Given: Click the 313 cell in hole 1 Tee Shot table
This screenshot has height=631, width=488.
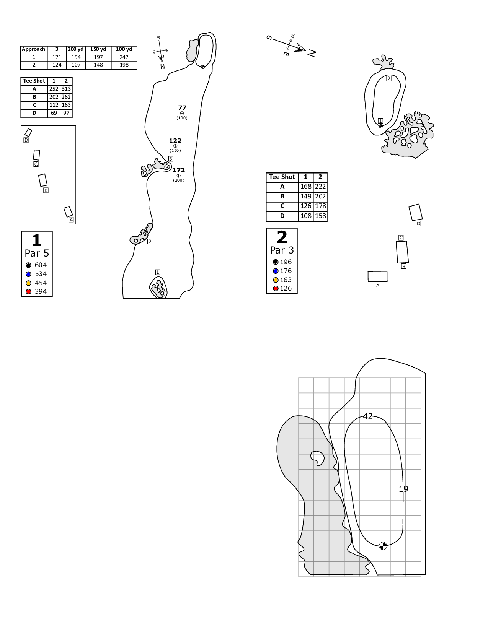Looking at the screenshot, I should (66, 89).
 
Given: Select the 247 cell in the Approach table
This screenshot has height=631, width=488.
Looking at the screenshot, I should (124, 57).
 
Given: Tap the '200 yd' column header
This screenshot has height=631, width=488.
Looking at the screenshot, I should (75, 49).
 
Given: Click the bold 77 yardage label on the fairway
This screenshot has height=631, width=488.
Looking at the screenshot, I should (182, 108).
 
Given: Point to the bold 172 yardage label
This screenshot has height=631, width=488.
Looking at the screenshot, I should (179, 170).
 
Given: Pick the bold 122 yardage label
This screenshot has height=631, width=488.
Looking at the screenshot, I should (175, 141).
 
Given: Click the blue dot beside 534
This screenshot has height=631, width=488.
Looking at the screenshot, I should (28, 274).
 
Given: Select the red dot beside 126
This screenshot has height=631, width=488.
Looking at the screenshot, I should (276, 289).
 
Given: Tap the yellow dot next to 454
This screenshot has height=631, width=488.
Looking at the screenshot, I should (28, 283).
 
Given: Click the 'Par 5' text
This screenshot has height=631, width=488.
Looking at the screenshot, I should (37, 254).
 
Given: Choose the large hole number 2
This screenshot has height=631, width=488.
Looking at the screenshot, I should (282, 237).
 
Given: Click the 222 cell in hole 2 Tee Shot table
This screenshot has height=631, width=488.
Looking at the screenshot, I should (320, 187).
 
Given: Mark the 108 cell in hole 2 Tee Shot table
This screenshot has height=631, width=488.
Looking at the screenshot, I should (306, 216).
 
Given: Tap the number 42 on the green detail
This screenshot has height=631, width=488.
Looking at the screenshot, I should (368, 416).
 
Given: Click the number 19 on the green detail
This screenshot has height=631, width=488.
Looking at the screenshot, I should (403, 489).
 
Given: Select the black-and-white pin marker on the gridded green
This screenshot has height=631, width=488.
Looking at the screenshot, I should (383, 546).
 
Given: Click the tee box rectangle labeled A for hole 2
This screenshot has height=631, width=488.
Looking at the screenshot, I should (377, 276).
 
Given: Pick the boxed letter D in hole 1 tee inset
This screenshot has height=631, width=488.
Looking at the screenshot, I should (26, 140).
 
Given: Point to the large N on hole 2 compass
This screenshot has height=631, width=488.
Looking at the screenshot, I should (312, 53).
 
